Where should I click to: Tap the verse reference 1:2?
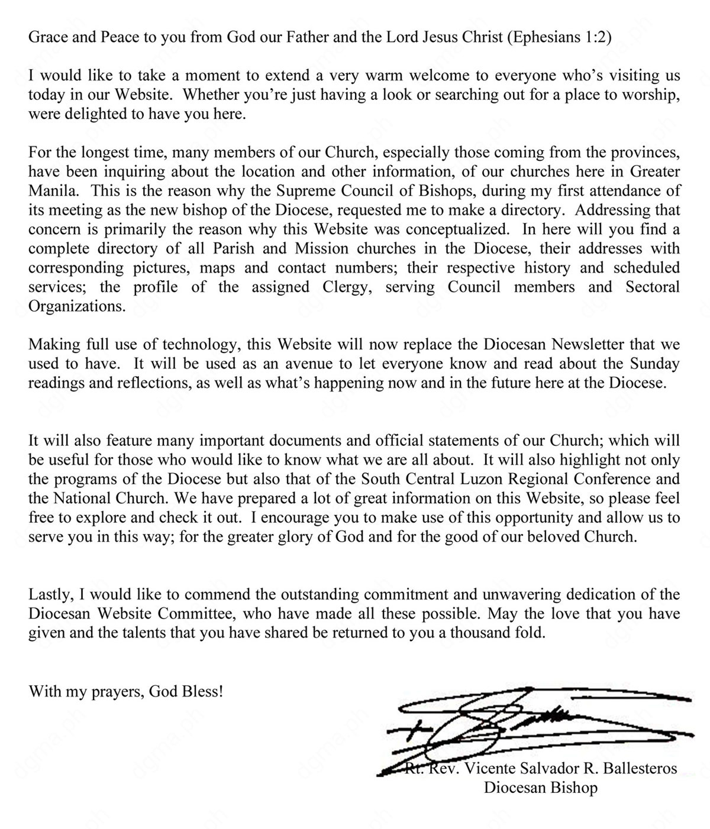coord(595,37)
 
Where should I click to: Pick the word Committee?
coord(200,614)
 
